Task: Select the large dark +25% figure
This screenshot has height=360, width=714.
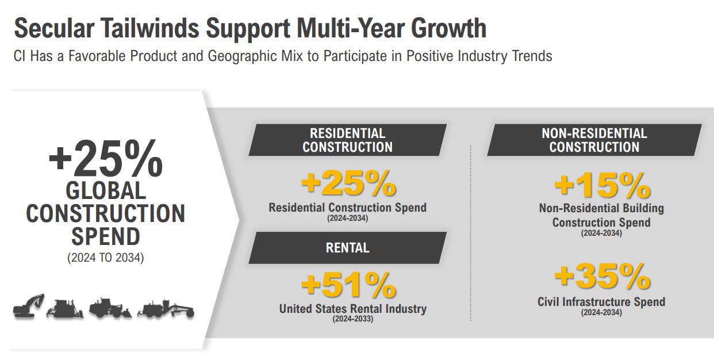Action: click(106, 159)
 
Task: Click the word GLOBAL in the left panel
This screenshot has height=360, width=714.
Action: click(106, 190)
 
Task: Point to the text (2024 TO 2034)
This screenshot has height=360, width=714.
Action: click(106, 258)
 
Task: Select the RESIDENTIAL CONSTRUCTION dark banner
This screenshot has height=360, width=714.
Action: click(347, 140)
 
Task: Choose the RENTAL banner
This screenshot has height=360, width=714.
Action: click(347, 248)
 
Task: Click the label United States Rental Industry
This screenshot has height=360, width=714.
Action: click(353, 309)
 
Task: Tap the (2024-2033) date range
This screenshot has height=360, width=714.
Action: click(352, 319)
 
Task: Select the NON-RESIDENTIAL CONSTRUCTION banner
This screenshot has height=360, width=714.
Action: click(594, 140)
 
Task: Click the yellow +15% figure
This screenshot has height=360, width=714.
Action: click(601, 185)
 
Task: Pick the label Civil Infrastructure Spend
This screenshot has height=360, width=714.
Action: click(601, 302)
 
